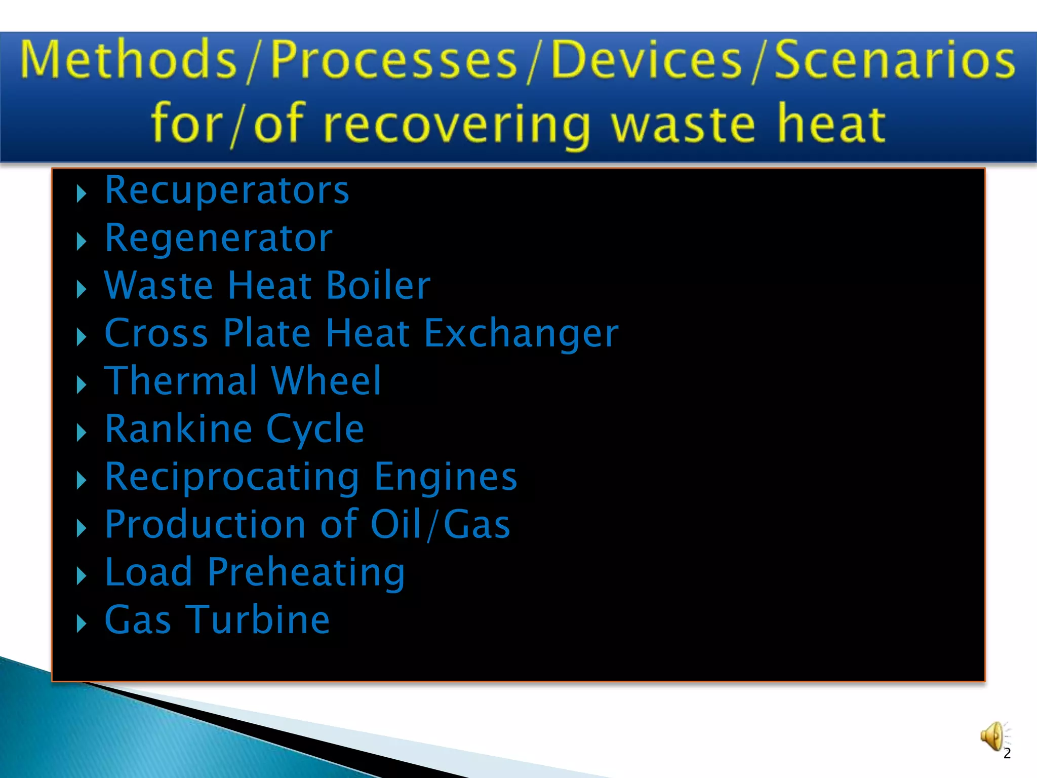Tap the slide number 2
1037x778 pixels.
click(1007, 754)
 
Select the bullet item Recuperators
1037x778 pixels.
click(227, 190)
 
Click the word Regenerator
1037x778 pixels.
click(219, 238)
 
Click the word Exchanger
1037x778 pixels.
click(521, 334)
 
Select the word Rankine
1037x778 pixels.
click(179, 429)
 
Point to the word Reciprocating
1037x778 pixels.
click(232, 478)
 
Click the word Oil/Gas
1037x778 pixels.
click(440, 524)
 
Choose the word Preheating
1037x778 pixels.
click(306, 573)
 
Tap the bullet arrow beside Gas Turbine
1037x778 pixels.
click(81, 624)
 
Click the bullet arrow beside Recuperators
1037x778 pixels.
click(81, 194)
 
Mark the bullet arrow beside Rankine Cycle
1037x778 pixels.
click(81, 433)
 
